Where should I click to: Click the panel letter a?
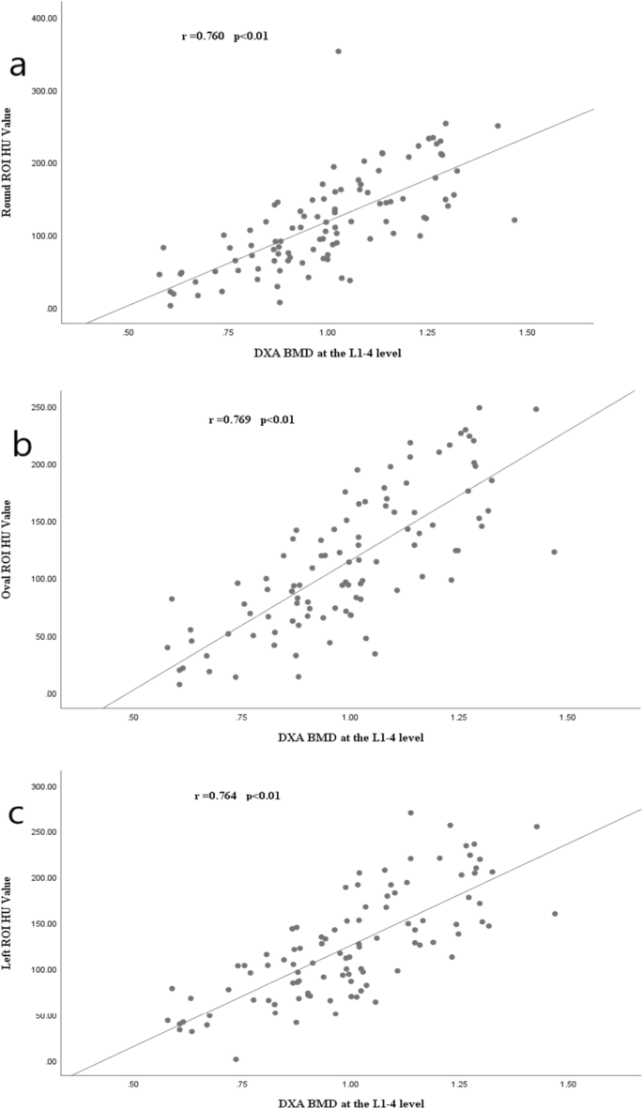16,68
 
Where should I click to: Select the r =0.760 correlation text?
226,37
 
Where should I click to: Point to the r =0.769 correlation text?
252,419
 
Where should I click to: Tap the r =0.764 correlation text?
237,796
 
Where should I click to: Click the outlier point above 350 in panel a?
338,52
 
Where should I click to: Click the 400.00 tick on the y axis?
38,19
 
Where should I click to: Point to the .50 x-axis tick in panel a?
129,333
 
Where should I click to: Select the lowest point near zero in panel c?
236,1059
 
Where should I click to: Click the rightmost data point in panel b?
554,552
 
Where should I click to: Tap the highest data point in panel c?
410,813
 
